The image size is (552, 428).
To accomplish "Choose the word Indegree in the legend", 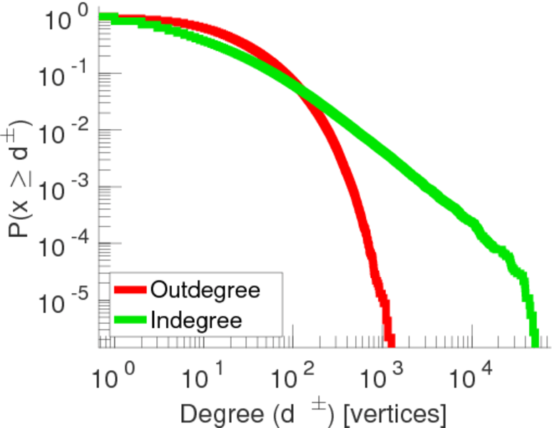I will pos(195,320).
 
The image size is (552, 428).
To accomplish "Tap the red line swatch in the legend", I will pos(130,290).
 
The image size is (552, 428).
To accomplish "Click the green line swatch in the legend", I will pos(130,320).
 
